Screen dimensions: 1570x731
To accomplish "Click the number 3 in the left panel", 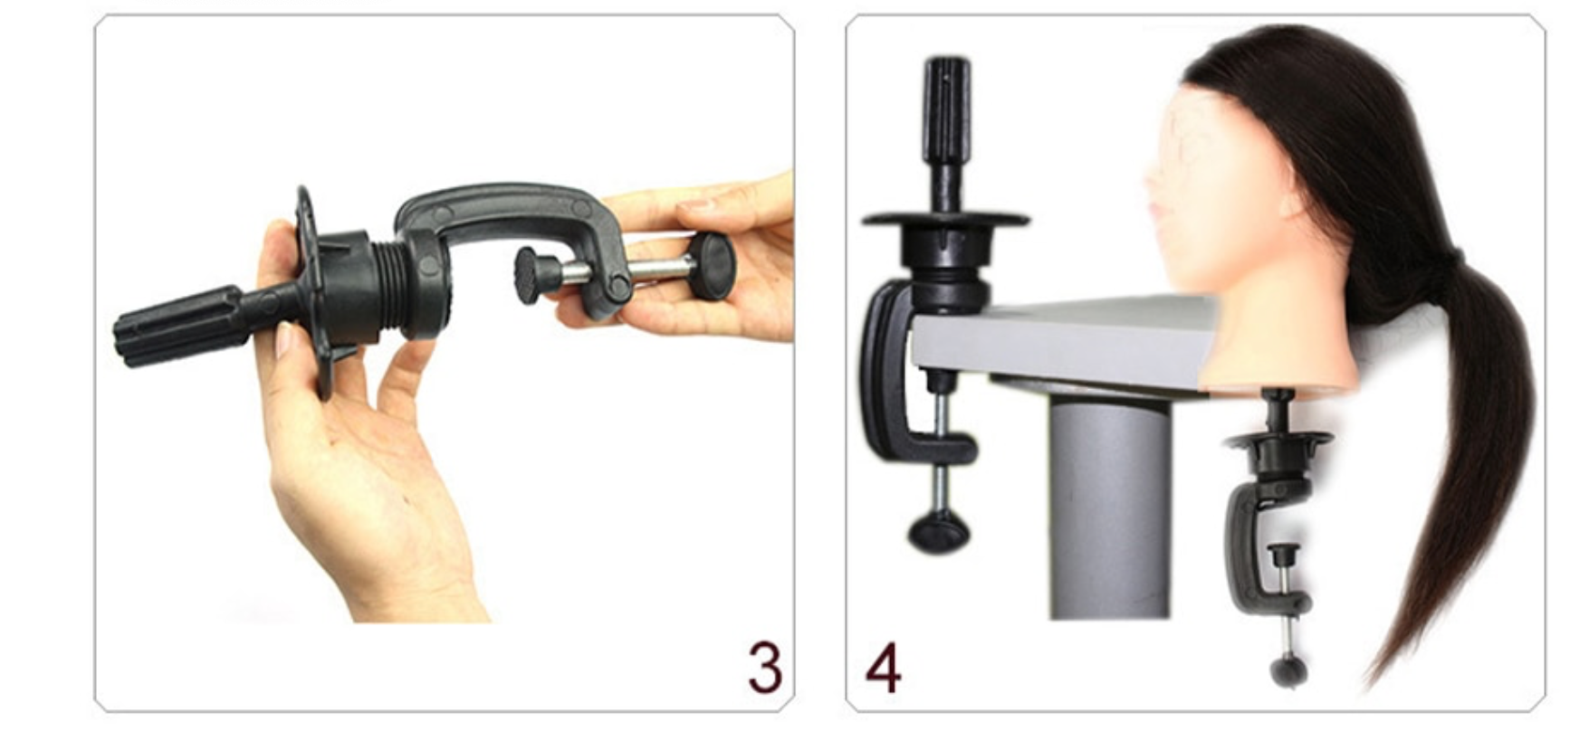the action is pyautogui.click(x=765, y=667).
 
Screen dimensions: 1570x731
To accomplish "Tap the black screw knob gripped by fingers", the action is pyautogui.click(x=711, y=260).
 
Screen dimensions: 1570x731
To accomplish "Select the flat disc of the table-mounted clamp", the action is pyautogui.click(x=945, y=219).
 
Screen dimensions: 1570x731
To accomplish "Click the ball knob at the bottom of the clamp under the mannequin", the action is pyautogui.click(x=1288, y=672).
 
